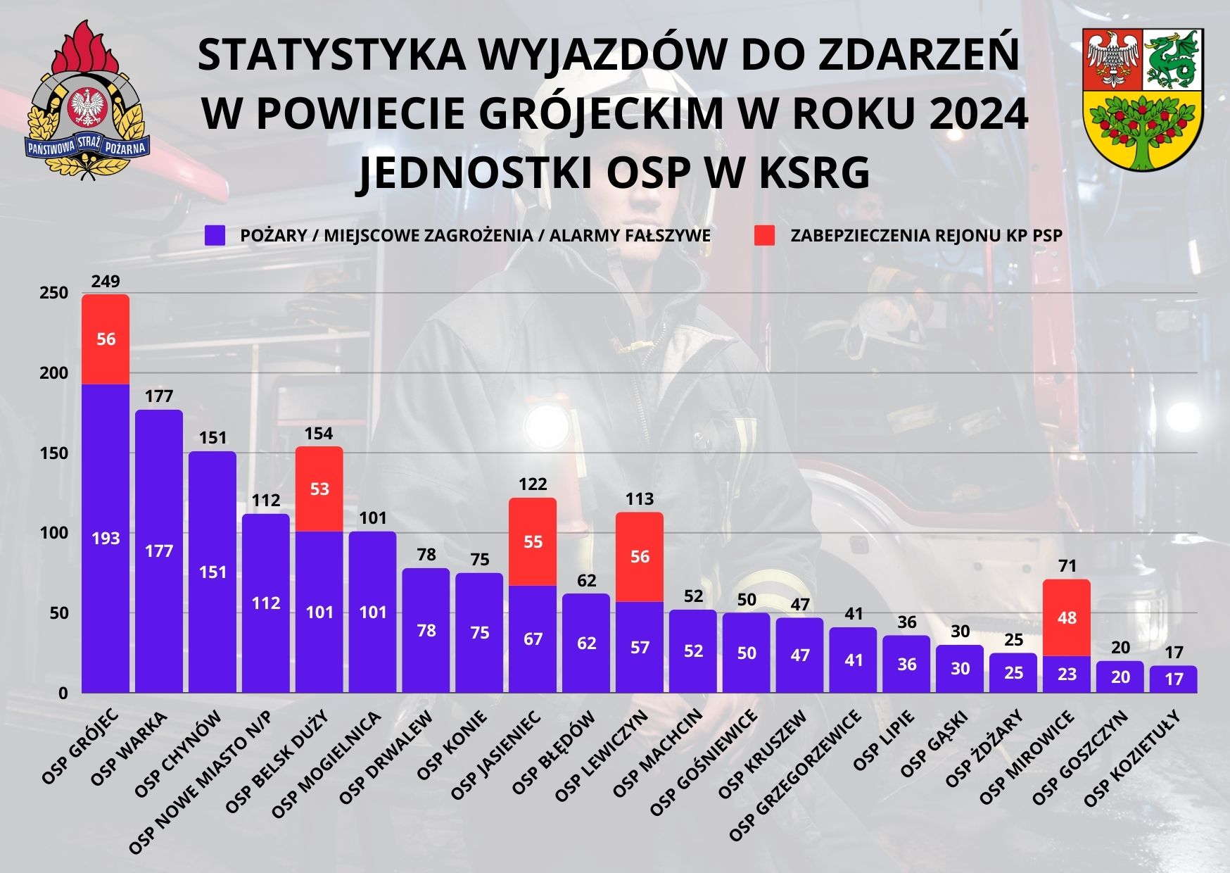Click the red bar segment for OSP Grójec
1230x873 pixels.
tap(106, 339)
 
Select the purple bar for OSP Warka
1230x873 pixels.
tap(159, 551)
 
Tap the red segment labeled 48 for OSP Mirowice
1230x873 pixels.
tap(1067, 617)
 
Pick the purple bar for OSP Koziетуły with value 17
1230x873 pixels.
tap(1174, 679)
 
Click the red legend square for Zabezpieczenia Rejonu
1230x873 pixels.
tap(765, 236)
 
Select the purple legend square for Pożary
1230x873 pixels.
tap(215, 236)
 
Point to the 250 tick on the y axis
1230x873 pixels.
tap(54, 293)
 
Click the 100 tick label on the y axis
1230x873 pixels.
tap(54, 533)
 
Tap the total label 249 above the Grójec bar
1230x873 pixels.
tap(106, 282)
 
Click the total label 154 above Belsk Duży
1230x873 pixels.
tap(319, 434)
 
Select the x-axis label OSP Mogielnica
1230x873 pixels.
tap(326, 764)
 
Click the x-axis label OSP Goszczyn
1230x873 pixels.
tap(1080, 757)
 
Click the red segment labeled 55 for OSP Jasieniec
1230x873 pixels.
tap(533, 542)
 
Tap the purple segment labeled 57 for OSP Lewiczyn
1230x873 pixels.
tap(640, 647)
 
